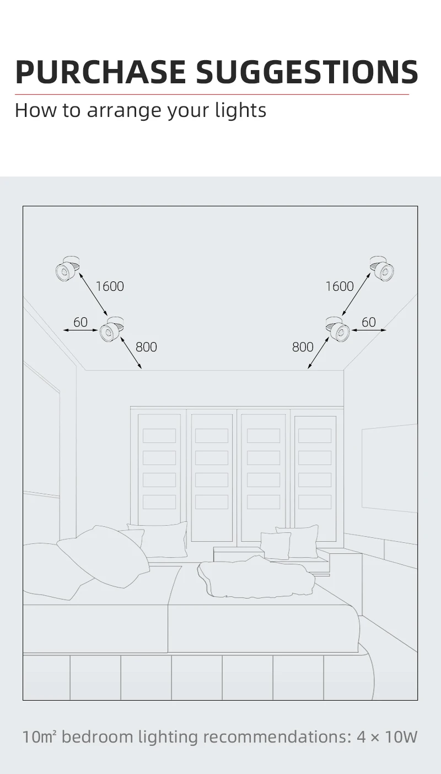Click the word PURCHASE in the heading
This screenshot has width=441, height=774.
101,71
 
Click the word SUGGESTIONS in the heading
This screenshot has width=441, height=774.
307,71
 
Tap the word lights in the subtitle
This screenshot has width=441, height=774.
241,110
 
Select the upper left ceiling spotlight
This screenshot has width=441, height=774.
67,268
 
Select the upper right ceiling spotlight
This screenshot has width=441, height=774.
382,268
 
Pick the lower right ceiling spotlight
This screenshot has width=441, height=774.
337,329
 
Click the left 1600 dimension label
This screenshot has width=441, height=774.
110,286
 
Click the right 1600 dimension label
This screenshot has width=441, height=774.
339,286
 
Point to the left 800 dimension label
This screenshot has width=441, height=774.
146,346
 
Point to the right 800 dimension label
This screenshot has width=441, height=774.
303,346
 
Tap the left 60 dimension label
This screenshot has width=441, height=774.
80,322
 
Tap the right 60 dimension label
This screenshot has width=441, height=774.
369,322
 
